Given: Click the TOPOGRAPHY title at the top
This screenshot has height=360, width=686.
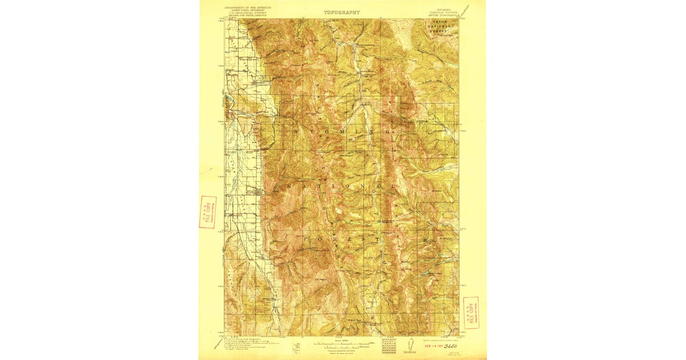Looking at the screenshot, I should pos(342,11).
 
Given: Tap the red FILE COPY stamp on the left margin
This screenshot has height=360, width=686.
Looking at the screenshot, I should pos(208,212).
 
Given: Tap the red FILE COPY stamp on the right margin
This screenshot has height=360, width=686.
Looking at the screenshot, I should pos(471,313).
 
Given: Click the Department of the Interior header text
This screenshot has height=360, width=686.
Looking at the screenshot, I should pos(248,9).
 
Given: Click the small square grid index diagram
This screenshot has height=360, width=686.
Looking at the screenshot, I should pos(389,345).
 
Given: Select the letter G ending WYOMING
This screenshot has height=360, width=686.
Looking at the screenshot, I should pos(389,133).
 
